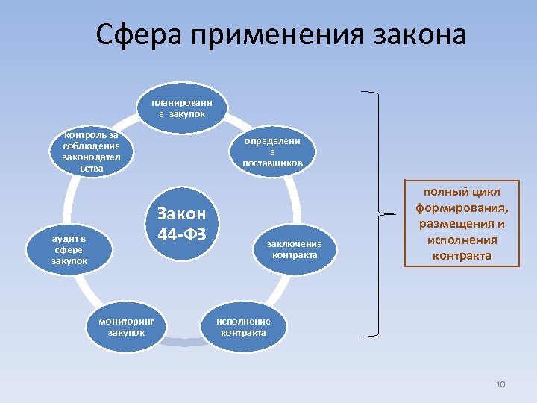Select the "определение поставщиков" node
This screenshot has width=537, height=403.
tap(272, 151)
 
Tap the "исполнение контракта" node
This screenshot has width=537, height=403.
tap(243, 327)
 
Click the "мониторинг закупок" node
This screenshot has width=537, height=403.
tap(126, 326)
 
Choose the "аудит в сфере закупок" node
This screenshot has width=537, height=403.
tap(69, 249)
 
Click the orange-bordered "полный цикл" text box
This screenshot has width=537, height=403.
tap(459, 223)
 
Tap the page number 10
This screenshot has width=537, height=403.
tap(500, 384)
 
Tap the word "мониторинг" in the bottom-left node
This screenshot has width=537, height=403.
tap(126, 321)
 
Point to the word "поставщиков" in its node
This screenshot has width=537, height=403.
tap(272, 163)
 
